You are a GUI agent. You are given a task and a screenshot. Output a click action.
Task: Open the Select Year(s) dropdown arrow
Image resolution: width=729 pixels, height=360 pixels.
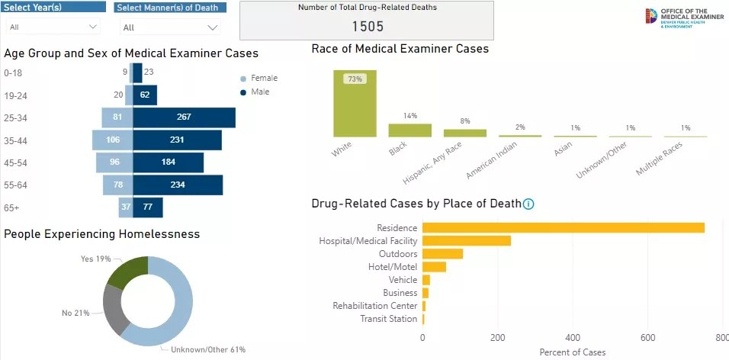pos(93,27)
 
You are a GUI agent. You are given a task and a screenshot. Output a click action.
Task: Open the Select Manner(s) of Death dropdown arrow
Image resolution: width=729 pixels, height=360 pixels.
pos(213,27)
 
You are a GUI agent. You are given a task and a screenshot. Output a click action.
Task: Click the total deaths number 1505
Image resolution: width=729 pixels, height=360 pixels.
pos(367,27)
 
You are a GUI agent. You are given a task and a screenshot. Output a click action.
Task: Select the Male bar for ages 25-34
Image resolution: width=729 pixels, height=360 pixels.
pos(184,117)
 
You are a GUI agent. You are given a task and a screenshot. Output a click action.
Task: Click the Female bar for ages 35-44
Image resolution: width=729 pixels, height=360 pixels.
pos(113,140)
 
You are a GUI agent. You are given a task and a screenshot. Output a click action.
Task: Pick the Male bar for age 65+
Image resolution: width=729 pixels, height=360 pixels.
pos(148,207)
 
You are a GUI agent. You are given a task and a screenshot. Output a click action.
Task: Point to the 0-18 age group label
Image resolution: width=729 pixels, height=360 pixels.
pos(14,73)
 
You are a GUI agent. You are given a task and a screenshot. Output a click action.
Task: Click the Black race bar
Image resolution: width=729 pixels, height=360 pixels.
pos(410,130)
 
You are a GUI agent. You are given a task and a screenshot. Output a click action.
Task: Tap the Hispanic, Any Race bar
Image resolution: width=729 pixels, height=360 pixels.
pos(465,133)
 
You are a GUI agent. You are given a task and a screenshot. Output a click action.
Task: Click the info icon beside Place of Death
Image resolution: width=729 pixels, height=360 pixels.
pos(528,204)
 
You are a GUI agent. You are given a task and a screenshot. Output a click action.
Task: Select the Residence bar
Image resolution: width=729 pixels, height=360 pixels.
pos(563,227)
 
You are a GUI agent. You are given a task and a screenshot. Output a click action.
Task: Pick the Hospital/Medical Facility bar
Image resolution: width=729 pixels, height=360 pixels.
pos(467,241)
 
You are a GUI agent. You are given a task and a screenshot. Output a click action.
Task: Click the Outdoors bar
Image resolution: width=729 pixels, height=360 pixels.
pos(442,254)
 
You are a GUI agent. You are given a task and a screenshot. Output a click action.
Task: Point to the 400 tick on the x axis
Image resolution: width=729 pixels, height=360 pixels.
pos(573,338)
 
